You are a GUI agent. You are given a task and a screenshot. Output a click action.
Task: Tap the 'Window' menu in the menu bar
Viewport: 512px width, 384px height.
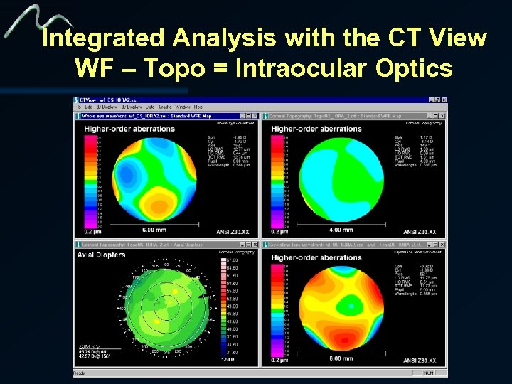tap(181, 107)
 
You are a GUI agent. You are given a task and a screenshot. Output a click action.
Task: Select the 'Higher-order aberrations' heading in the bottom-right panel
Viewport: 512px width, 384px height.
tap(316, 257)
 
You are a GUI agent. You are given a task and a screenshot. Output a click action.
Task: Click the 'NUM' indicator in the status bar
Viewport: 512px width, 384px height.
tap(429, 373)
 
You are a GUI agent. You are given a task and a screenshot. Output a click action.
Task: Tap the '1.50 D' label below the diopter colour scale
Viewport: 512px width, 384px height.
tap(228, 361)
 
